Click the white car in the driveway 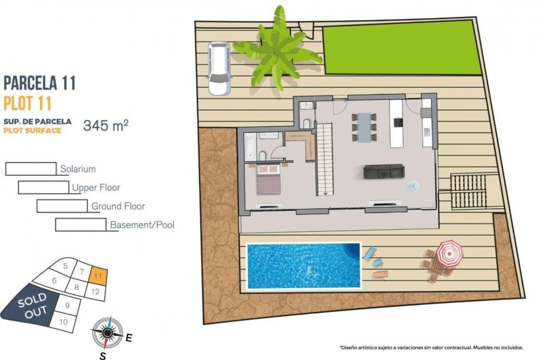click(219, 68)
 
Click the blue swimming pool click(303, 266)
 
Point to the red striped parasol click(449, 253)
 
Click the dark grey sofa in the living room click(384, 172)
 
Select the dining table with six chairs click(364, 127)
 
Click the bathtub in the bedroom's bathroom click(250, 146)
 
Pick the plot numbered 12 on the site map click(96, 292)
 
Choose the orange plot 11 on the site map click(98, 276)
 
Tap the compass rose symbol click(107, 333)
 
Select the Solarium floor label click(78, 169)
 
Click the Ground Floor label click(118, 206)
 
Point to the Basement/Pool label click(142, 225)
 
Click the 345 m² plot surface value click(105, 125)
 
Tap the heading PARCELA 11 click(40, 83)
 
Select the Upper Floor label click(96, 188)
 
